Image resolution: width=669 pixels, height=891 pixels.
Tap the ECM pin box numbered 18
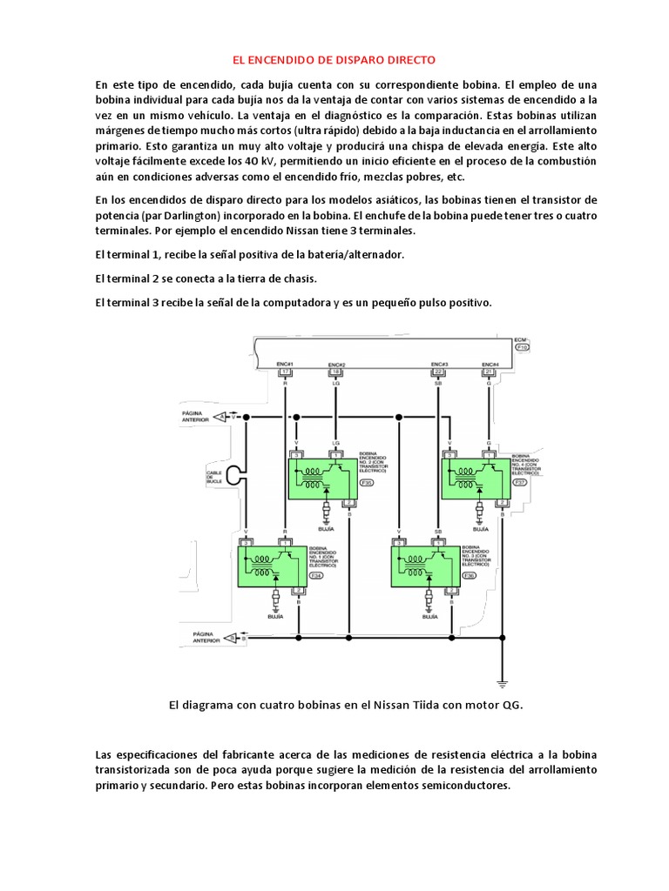tap(337, 372)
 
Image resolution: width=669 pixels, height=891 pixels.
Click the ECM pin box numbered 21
tap(490, 372)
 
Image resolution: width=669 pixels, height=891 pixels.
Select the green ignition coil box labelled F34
tap(273, 565)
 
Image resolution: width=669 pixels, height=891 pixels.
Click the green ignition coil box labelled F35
tap(323, 477)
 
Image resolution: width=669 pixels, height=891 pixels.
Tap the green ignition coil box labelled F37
tap(476, 477)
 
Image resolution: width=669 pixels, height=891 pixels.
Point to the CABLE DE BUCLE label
tap(215, 479)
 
